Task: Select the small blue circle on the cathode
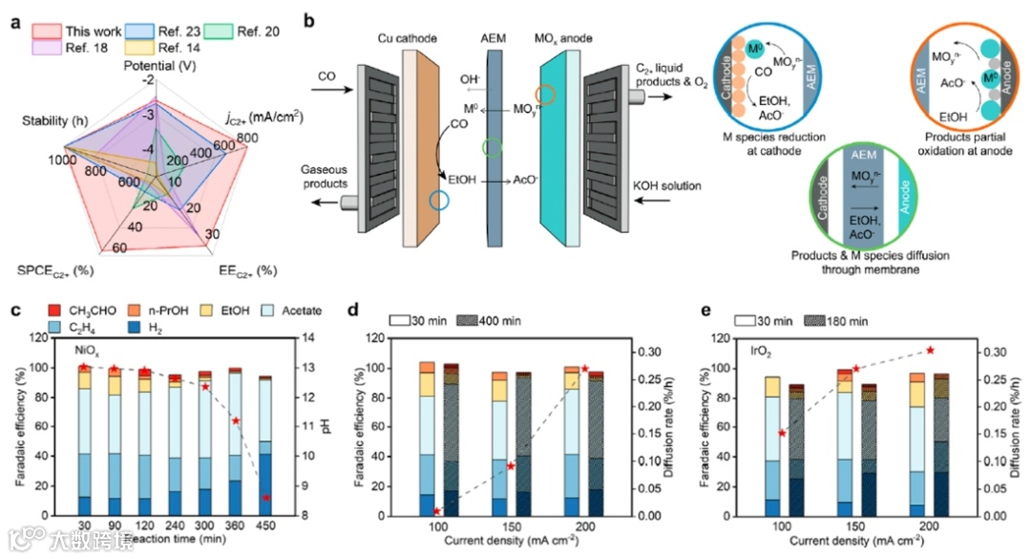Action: coord(438,201)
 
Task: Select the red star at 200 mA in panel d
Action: coord(584,369)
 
